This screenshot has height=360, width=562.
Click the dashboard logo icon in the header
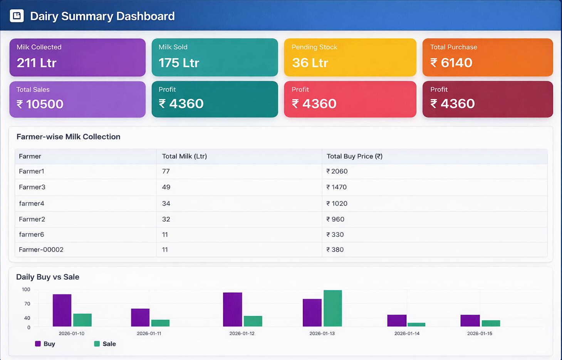(17, 16)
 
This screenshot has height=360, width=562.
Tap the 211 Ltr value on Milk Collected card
(37, 63)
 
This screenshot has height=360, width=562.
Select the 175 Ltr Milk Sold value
(179, 63)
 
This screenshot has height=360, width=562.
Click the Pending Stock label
(314, 47)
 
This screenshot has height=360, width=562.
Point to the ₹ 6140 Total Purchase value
(451, 63)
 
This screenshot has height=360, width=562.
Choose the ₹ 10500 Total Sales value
(40, 104)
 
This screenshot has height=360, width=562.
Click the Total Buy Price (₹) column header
(354, 156)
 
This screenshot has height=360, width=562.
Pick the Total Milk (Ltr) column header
(185, 156)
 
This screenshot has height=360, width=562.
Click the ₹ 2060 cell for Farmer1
(337, 171)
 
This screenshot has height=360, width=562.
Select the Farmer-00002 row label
(41, 249)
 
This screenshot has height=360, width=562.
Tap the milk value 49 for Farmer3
(166, 187)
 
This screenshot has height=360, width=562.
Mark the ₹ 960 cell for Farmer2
(335, 219)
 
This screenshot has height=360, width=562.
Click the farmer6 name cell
(32, 234)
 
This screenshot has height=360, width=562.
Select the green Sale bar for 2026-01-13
(333, 308)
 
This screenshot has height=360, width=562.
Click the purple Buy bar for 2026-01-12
(233, 309)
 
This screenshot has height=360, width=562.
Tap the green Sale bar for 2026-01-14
(416, 325)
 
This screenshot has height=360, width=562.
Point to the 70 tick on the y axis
(27, 303)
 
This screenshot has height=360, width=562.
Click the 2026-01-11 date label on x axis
(149, 333)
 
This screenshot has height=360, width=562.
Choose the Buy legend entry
(45, 344)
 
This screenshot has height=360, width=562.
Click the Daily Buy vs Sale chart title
(48, 277)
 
